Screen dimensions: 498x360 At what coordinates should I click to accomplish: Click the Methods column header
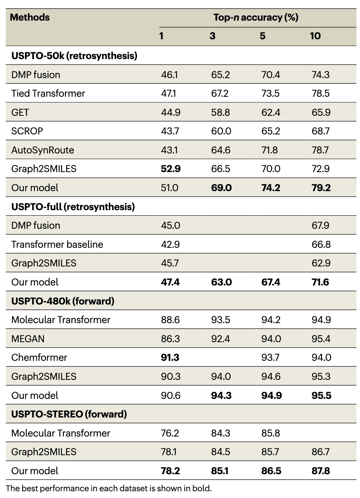point(30,18)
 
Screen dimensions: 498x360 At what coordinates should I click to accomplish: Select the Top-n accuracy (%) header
point(256,18)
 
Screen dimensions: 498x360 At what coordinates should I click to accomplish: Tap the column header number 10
point(315,36)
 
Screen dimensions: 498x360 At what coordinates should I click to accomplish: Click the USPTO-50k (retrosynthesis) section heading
point(74,56)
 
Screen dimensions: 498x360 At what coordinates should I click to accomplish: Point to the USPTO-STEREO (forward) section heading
point(69,414)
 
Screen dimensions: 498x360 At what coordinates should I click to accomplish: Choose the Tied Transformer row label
point(48,94)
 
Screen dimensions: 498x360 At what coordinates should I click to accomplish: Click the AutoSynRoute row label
point(42,150)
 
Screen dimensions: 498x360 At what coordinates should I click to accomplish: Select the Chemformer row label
point(39,357)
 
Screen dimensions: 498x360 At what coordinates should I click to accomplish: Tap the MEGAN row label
point(28,339)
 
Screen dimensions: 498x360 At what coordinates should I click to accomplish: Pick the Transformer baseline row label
point(57,244)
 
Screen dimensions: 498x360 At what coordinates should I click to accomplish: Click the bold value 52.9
point(171,169)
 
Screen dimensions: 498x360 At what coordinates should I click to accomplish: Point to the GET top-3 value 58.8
point(220,113)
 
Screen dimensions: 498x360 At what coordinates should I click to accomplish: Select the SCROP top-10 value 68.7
point(320,131)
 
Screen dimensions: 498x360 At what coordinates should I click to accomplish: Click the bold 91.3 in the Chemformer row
point(170,357)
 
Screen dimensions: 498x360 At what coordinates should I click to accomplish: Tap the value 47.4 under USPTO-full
point(171,282)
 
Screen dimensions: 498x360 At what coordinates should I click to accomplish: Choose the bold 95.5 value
point(321,395)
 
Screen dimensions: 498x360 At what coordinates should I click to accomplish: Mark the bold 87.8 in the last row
point(321,471)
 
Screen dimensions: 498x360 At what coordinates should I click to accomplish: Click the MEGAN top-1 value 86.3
point(170,339)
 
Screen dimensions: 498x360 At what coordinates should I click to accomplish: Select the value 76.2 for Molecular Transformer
point(170,433)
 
